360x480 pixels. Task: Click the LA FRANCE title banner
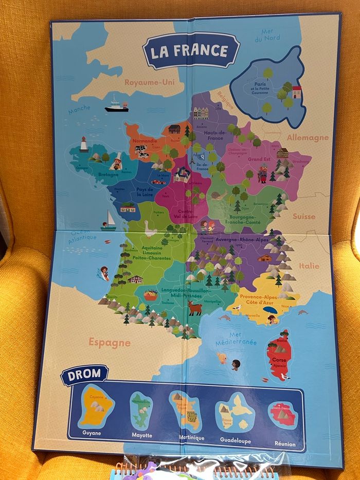[191, 51]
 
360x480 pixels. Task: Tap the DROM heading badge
[85, 375]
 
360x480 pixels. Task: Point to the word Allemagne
[308, 137]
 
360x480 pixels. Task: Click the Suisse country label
[304, 216]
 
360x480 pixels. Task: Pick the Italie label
[309, 266]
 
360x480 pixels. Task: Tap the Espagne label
[109, 342]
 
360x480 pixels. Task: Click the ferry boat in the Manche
[116, 106]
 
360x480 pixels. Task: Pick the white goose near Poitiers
[149, 228]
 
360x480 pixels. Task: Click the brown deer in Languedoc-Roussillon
[195, 308]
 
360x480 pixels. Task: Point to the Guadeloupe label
[235, 440]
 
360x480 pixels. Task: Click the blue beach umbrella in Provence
[270, 310]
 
